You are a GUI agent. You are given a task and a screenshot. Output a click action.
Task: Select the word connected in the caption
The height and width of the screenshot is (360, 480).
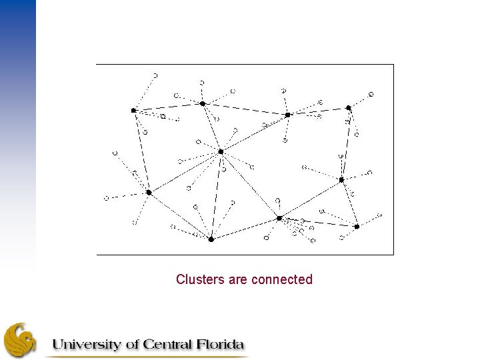click(x=281, y=279)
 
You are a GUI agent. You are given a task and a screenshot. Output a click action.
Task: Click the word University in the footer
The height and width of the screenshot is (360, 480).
click(x=87, y=345)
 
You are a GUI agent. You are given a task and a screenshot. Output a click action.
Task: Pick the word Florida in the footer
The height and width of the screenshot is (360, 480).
click(x=219, y=345)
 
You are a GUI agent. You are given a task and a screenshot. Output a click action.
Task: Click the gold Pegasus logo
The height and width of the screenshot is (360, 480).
click(x=20, y=340)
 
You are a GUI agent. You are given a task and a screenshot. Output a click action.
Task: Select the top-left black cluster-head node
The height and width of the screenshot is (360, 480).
click(x=133, y=110)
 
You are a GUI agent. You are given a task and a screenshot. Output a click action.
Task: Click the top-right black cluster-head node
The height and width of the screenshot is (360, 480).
click(x=348, y=107)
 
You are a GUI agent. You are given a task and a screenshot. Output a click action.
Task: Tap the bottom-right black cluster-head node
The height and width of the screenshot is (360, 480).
click(x=357, y=227)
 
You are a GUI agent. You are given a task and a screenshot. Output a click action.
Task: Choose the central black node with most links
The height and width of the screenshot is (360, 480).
click(x=221, y=152)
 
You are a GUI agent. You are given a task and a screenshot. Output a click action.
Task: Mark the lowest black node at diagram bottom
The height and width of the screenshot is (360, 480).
click(x=211, y=239)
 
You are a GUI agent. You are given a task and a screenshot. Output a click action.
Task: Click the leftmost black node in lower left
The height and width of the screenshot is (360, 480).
click(x=149, y=193)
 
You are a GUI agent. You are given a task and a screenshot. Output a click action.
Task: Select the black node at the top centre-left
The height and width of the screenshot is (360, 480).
click(x=203, y=103)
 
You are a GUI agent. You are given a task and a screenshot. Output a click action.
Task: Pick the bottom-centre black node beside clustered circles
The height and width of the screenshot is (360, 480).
click(x=279, y=218)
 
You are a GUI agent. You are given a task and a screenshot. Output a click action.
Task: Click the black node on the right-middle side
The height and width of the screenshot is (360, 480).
click(x=341, y=180)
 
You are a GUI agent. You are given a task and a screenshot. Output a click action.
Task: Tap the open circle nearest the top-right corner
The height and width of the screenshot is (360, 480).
click(x=371, y=94)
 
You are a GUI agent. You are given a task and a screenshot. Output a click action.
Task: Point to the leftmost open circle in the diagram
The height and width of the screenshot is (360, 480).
click(x=106, y=198)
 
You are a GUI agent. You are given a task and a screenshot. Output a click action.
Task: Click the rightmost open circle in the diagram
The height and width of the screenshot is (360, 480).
click(x=379, y=215)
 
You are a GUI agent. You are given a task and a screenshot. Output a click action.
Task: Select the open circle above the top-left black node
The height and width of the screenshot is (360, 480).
click(x=155, y=75)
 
